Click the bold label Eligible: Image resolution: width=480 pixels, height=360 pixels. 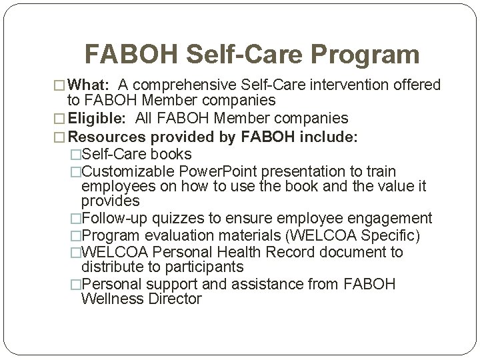[x=98, y=119]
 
